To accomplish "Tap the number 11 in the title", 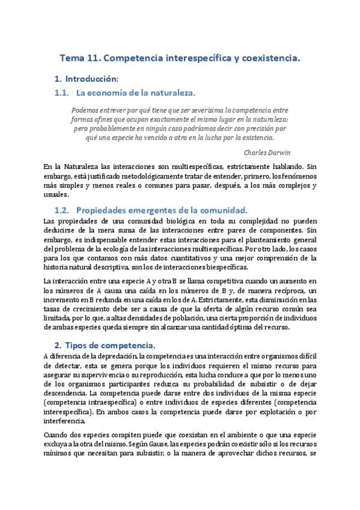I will [x=96, y=58].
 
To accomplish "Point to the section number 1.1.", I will [x=62, y=93].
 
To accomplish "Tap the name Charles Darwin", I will [x=268, y=152].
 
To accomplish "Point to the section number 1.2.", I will [x=63, y=210].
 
